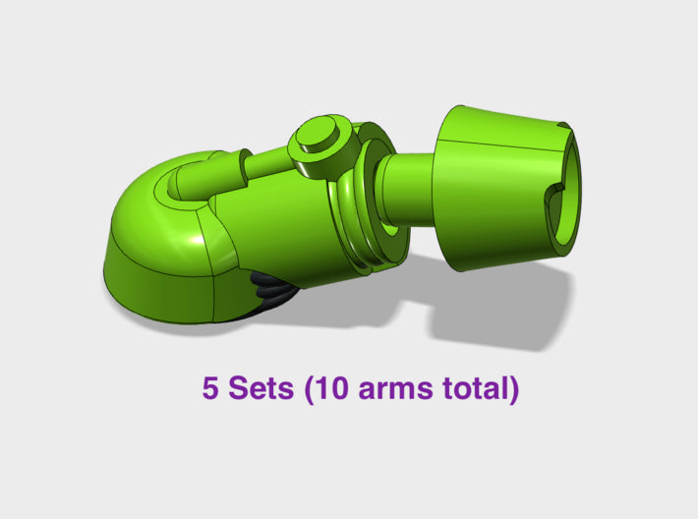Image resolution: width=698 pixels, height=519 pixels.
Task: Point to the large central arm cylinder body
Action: [275, 221]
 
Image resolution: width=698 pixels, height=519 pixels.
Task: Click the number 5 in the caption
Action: [210, 388]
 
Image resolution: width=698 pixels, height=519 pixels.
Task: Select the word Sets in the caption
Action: [261, 388]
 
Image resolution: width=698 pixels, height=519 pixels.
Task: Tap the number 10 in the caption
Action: [330, 388]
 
